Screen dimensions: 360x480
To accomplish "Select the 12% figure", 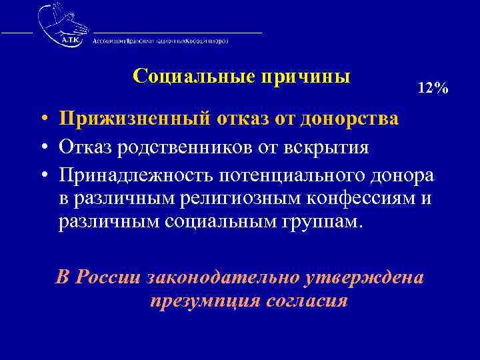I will pyautogui.click(x=433, y=88).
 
